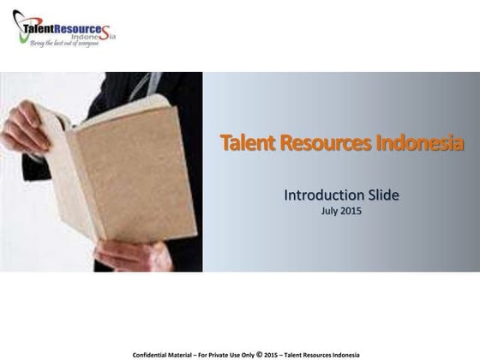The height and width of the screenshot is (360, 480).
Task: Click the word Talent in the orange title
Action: pyautogui.click(x=244, y=142)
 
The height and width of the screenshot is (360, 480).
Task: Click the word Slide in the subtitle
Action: pyautogui.click(x=380, y=195)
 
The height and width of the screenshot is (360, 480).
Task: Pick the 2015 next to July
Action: pyautogui.click(x=351, y=210)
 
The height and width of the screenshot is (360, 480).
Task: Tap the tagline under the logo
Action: pyautogui.click(x=64, y=43)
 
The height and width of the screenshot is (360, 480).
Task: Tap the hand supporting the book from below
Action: pyautogui.click(x=129, y=255)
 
